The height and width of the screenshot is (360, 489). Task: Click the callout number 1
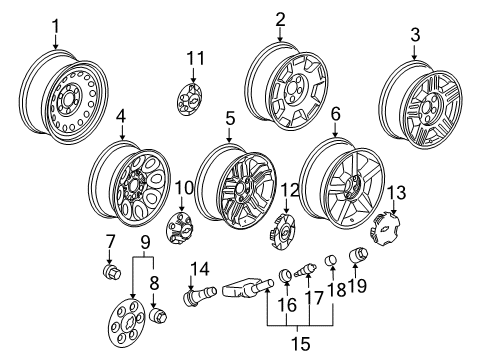click(x=55, y=23)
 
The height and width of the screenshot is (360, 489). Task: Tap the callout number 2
click(x=281, y=18)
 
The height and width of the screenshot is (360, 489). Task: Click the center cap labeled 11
click(x=190, y=98)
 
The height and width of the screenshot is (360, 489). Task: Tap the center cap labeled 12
click(x=282, y=237)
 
